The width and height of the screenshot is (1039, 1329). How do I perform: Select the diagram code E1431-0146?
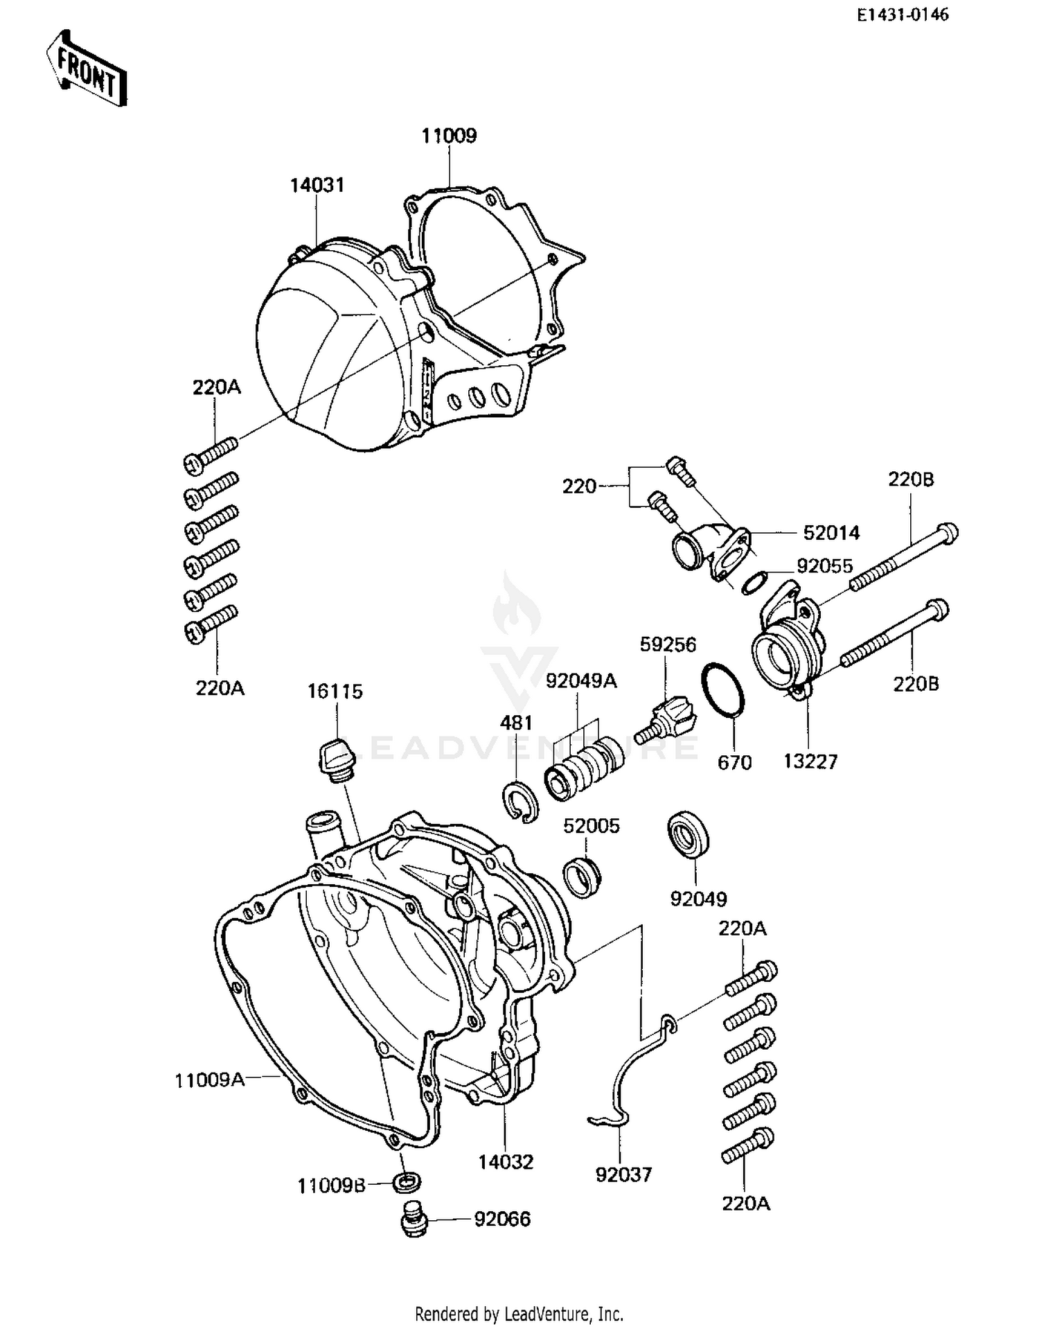(903, 15)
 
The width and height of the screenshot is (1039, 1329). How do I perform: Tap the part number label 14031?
(317, 186)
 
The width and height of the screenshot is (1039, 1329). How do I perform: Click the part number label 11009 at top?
(449, 136)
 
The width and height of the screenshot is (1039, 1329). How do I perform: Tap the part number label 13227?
(810, 762)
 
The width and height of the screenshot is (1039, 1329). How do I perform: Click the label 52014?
(831, 533)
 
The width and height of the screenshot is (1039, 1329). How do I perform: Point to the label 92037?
(623, 1174)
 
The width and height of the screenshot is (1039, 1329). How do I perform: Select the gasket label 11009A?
(209, 1080)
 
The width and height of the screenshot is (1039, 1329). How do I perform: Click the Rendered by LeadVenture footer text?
(519, 1313)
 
